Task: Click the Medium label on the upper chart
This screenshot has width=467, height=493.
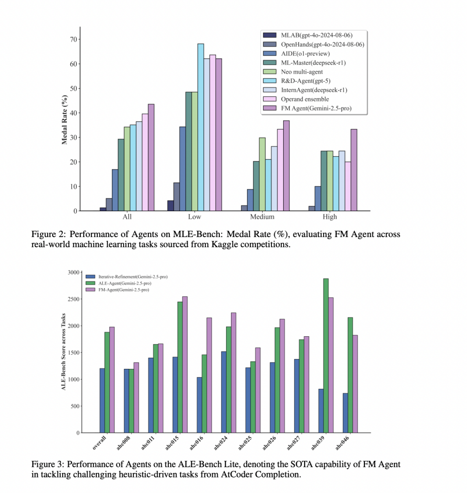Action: coord(262,217)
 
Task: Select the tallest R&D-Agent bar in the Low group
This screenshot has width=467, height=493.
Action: coord(200,127)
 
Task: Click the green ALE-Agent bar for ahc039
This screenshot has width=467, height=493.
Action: coord(325,355)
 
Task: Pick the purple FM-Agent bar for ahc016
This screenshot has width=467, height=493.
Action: coord(209,375)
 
